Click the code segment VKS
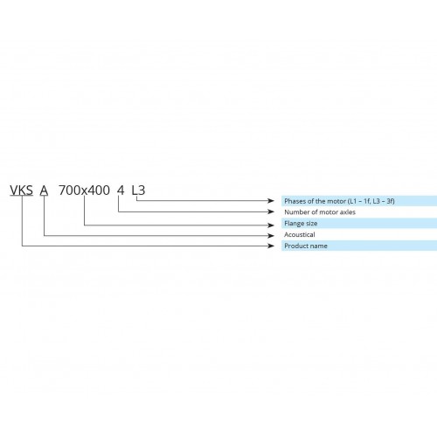[x=21, y=191]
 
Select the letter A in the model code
[x=44, y=191]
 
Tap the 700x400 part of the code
[x=84, y=191]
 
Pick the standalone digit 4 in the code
[x=121, y=191]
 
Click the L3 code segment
[x=138, y=191]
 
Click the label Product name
[x=306, y=246]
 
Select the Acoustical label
[x=300, y=234]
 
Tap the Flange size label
[x=301, y=224]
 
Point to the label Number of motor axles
[x=320, y=212]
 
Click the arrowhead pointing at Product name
[x=271, y=246]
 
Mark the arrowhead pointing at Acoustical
[x=271, y=235]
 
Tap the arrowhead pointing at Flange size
[x=271, y=225]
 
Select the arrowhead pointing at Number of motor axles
[x=271, y=212]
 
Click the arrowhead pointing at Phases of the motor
[x=271, y=200]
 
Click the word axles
[x=348, y=212]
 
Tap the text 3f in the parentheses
[x=390, y=201]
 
